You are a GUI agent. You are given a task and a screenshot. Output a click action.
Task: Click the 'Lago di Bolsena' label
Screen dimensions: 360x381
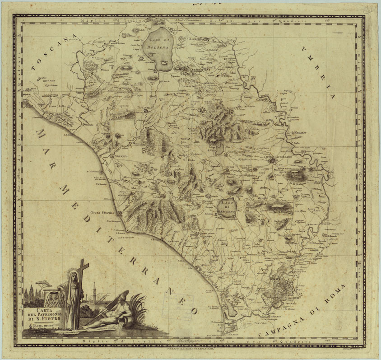tap(158, 43)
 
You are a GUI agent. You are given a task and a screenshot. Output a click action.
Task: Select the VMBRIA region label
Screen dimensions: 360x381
tap(319, 73)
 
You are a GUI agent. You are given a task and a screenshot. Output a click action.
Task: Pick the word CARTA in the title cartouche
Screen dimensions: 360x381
tap(41, 310)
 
